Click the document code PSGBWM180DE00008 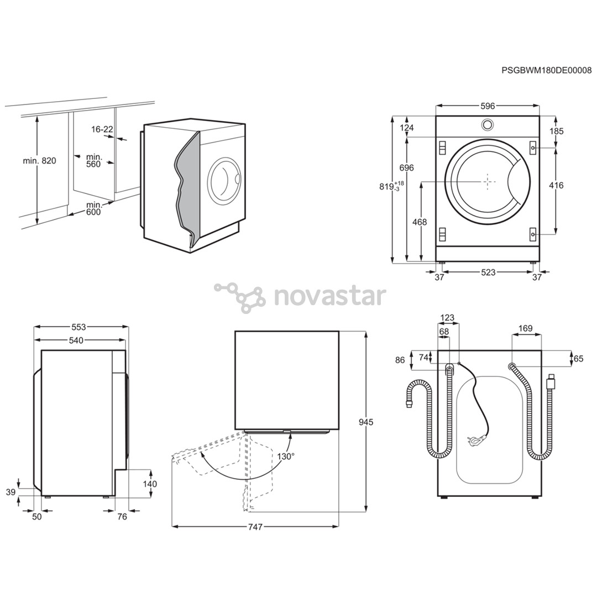(546, 70)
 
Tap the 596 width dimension (487, 106)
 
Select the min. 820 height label (39, 161)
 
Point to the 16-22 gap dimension (102, 129)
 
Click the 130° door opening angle (286, 456)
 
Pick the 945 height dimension (365, 422)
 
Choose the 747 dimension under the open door (255, 527)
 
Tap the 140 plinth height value (150, 484)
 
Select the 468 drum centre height (420, 222)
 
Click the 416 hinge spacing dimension (556, 185)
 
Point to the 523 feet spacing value (488, 272)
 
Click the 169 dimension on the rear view (526, 328)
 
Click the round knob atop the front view (487, 124)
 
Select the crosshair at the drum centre (488, 181)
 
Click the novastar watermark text (330, 297)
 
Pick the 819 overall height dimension (389, 187)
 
